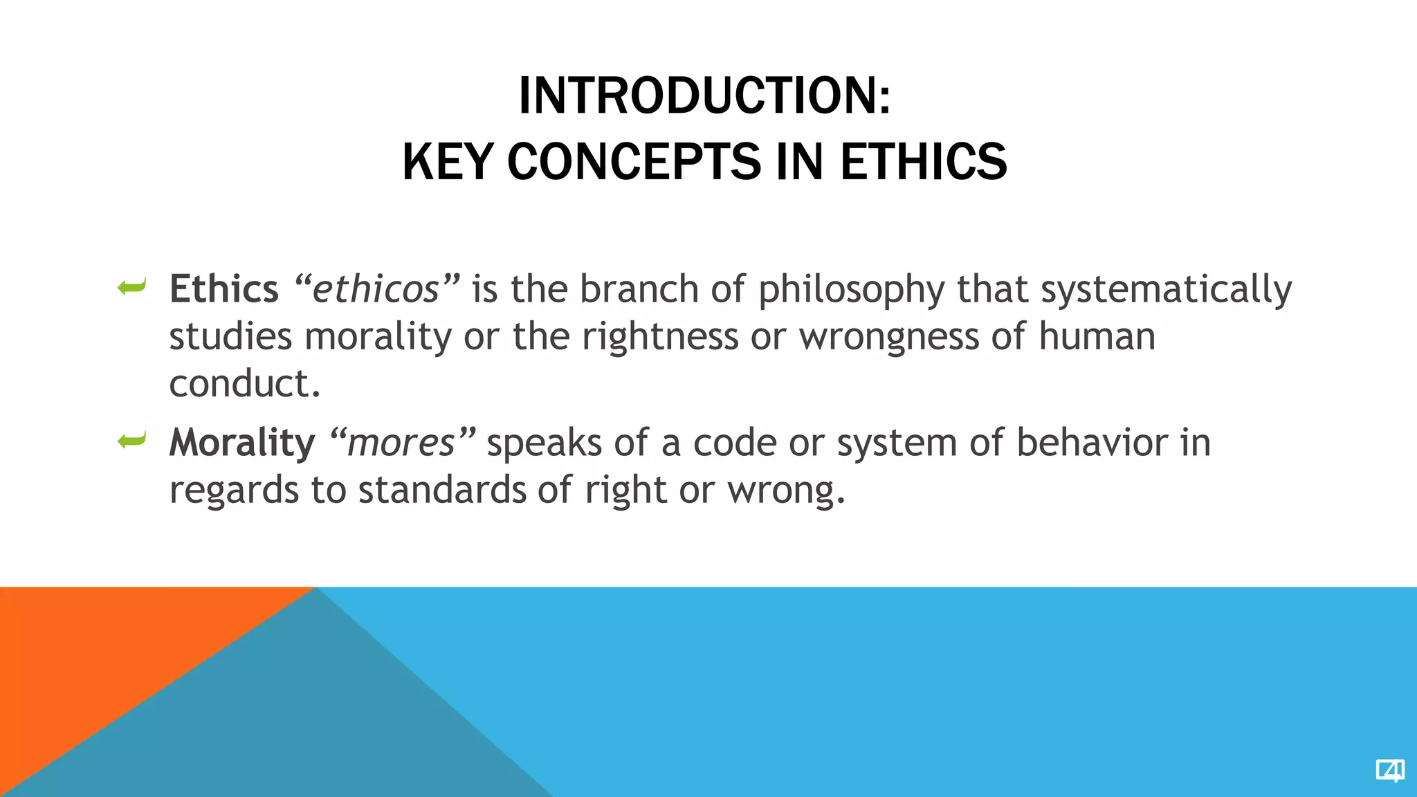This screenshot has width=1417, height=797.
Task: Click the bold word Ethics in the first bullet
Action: (223, 289)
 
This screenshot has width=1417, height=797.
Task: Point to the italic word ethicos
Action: (376, 289)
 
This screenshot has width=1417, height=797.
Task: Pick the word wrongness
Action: (888, 338)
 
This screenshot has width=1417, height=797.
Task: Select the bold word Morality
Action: (241, 443)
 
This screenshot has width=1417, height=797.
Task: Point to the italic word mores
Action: (401, 443)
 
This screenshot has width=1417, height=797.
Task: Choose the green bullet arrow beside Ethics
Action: (131, 286)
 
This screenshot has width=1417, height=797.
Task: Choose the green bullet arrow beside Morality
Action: (131, 440)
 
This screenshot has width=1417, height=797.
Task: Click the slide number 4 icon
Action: (1389, 770)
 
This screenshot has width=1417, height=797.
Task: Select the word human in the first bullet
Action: (1097, 338)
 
